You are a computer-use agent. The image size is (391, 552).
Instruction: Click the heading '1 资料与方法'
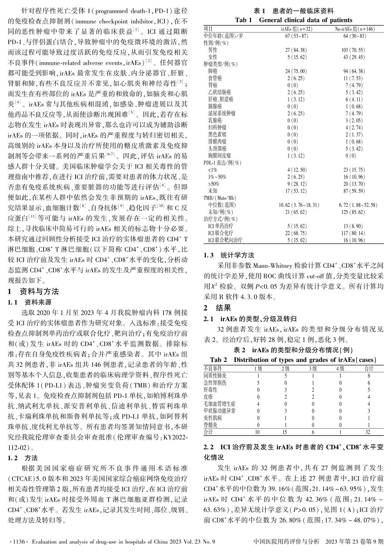pos(33,291)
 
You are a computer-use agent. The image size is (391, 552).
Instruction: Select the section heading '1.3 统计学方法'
pos(229,255)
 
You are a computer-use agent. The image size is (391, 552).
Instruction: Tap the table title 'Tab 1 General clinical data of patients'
pos(293,20)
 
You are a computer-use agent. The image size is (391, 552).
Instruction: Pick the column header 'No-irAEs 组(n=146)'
pos(355,29)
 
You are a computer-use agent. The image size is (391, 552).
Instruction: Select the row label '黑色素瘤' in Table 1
pos(217,134)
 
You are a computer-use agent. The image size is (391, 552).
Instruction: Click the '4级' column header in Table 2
pos(340,369)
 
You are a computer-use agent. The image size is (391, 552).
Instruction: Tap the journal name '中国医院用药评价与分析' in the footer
pos(286,541)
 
